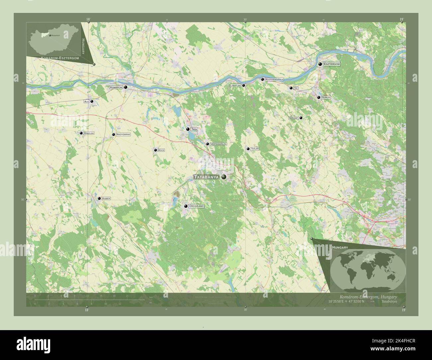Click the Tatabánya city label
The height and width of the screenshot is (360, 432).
click(x=207, y=177)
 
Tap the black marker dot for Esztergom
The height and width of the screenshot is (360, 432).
click(x=320, y=64)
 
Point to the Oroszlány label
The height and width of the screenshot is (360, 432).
click(x=196, y=206)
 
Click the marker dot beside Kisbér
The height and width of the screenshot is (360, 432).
click(x=99, y=198)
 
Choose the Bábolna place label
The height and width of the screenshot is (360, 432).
click(x=89, y=133)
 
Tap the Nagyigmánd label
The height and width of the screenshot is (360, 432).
click(x=123, y=135)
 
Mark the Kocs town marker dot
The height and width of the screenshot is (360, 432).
click(x=155, y=150)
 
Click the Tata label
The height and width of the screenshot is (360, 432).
click(x=194, y=129)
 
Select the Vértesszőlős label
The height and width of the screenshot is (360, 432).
click(x=219, y=144)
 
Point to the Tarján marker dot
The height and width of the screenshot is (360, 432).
click(x=248, y=149)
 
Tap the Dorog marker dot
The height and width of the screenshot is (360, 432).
click(x=319, y=97)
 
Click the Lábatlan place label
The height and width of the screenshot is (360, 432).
click(x=236, y=85)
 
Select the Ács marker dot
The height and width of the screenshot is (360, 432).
click(x=92, y=101)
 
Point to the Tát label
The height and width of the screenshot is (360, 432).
click(x=296, y=88)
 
